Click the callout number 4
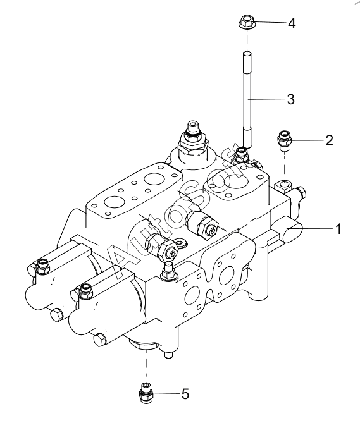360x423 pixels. coord(292,23)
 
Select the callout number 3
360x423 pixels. coord(290,99)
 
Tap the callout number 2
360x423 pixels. coord(329,140)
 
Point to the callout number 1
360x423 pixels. coord(338,229)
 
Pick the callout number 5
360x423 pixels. coord(185,394)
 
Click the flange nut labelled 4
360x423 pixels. coord(247,22)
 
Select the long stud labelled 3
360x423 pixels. coord(247,100)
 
